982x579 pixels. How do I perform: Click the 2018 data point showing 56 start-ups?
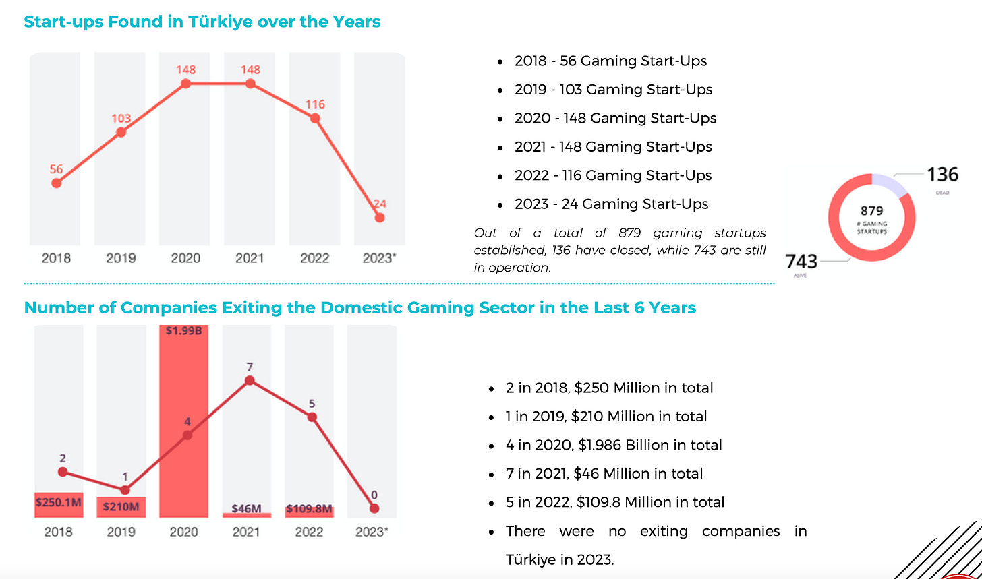tap(57, 183)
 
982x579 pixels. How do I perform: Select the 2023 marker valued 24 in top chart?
tap(380, 218)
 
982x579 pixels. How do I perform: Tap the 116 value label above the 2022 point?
tap(315, 104)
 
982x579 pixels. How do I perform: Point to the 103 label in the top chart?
tap(121, 119)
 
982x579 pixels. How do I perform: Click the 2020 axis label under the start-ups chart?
tap(185, 258)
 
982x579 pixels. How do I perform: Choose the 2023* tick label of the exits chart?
tap(372, 532)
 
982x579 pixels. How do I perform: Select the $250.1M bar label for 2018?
tap(58, 502)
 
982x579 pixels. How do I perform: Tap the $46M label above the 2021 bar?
tap(246, 508)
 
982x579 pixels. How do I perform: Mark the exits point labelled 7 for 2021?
tap(250, 380)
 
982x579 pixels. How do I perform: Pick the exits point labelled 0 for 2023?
tap(374, 508)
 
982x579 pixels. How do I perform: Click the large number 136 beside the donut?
tap(943, 175)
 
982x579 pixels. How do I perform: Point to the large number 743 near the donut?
tap(802, 261)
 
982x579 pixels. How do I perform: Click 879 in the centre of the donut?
tap(871, 211)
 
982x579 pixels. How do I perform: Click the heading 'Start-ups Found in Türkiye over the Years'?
tap(202, 22)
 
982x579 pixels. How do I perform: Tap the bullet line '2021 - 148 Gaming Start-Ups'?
tap(613, 147)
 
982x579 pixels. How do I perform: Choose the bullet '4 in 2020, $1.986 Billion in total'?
tap(614, 445)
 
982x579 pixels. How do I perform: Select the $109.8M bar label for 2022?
tap(309, 509)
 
